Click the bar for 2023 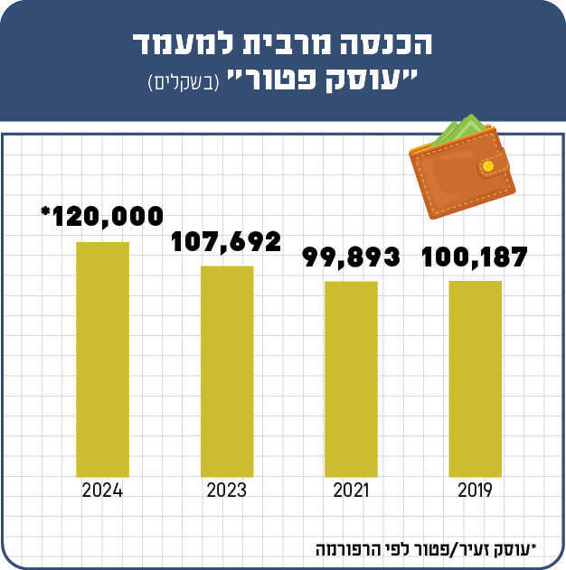227,370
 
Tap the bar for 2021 351,378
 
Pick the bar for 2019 475,378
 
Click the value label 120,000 106,217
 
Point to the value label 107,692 227,241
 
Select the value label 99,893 351,257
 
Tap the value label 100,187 475,257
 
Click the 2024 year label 102,491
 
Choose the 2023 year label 227,491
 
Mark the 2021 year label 351,491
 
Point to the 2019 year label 475,491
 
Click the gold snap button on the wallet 489,166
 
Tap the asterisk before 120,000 45,212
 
